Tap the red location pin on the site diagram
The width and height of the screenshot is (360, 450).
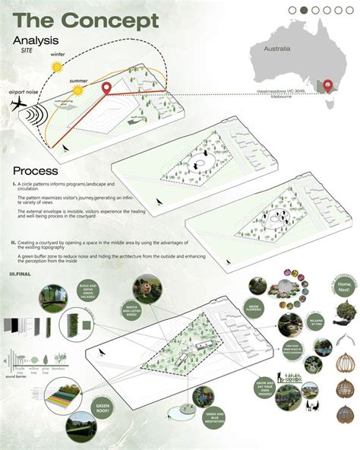(108, 90)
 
